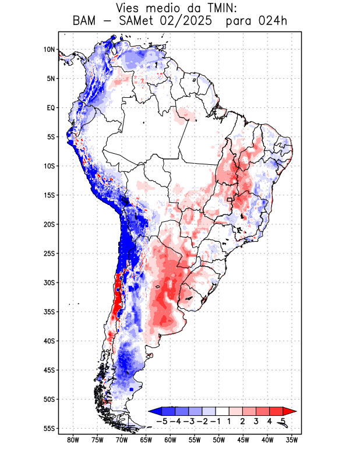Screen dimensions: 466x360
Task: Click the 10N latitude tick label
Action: click(49, 50)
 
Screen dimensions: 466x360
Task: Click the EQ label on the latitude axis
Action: click(51, 108)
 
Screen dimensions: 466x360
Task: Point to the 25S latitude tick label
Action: click(49, 253)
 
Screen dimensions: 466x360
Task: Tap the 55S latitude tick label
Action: click(49, 428)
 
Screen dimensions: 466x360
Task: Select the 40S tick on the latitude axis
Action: click(49, 341)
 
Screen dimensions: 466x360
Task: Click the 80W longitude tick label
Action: click(73, 440)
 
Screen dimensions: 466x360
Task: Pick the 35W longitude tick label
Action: click(292, 440)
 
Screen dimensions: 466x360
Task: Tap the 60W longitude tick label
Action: click(171, 440)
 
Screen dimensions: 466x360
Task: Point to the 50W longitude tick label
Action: click(219, 440)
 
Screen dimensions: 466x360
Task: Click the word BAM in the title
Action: click(85, 21)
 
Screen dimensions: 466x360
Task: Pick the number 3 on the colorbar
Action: click(256, 421)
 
